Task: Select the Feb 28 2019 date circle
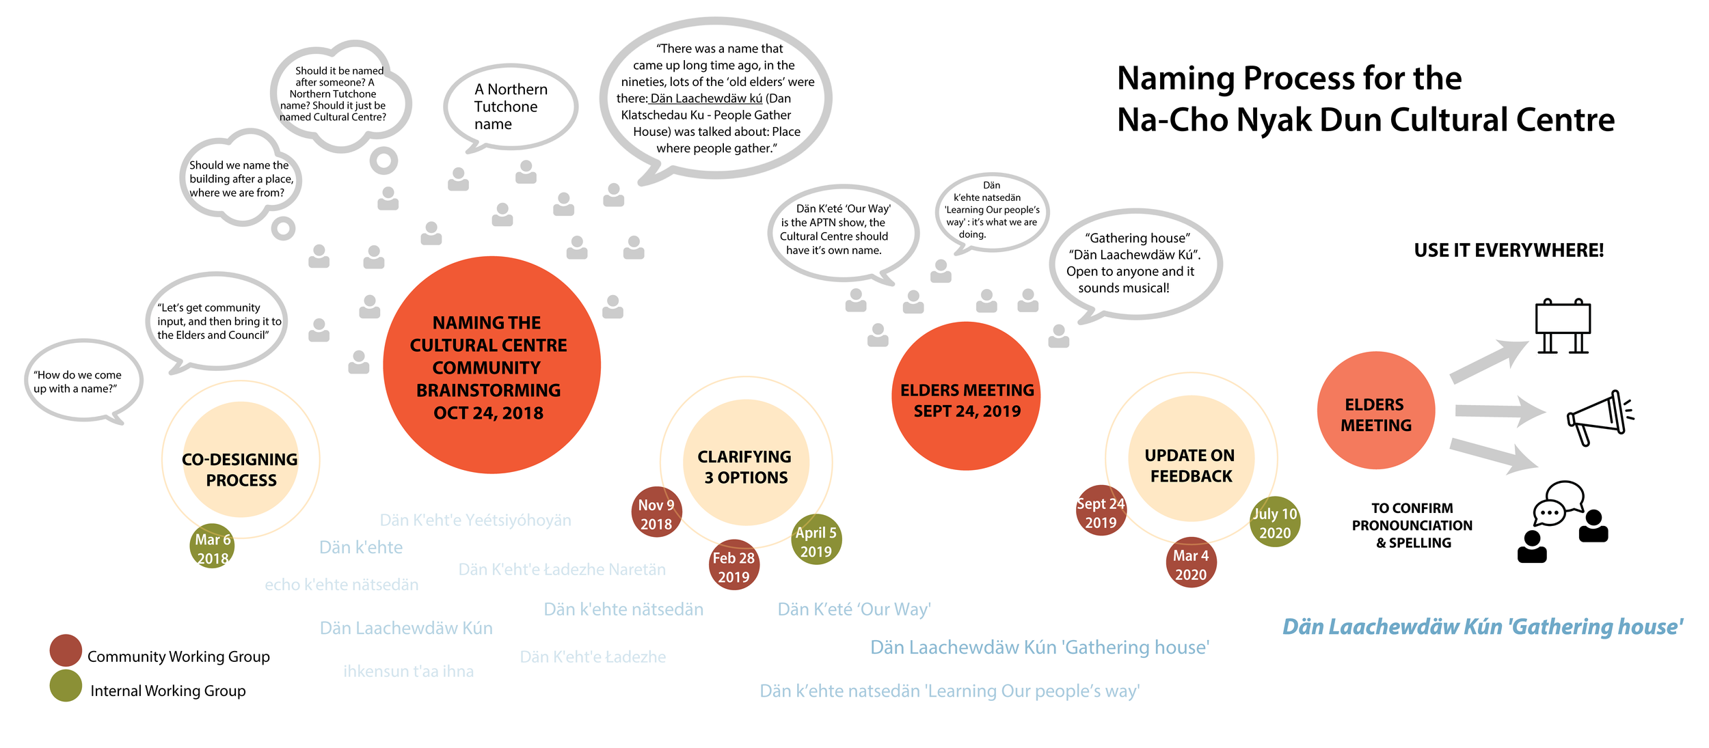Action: point(734,565)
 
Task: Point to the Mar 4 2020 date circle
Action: point(1191,563)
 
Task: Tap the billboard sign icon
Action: point(1563,327)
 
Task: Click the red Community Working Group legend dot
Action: point(66,650)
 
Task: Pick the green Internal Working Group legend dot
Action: point(66,686)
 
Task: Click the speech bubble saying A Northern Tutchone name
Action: point(510,107)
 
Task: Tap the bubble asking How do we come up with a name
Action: point(82,381)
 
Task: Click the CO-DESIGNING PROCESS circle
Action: point(241,460)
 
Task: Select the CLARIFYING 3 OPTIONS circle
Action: point(746,463)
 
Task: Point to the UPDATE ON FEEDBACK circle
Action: point(1191,460)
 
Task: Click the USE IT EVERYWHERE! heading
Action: point(1509,251)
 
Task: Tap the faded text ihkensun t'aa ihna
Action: point(408,671)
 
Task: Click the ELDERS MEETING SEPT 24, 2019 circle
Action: point(966,396)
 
